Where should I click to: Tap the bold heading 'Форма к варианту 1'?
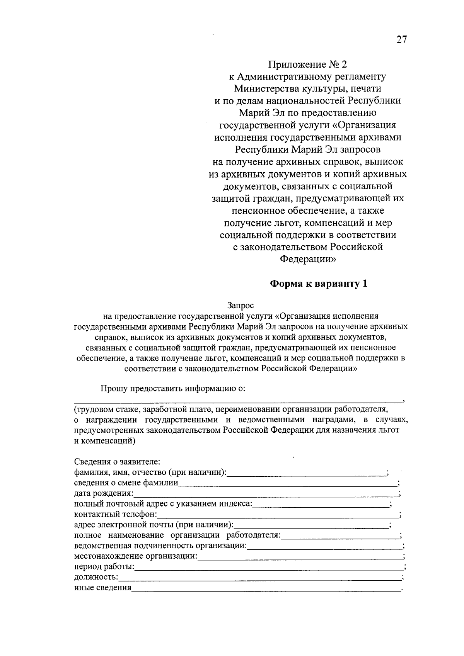pos(318,284)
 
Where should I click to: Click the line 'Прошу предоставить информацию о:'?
pos(173,389)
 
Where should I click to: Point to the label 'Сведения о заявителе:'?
pos(117,462)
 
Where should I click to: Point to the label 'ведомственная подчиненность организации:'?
pos(160,546)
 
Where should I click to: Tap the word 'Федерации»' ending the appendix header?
pos(308,259)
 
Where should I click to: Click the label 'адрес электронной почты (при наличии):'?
pos(154,525)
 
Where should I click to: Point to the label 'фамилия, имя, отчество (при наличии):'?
pos(150,472)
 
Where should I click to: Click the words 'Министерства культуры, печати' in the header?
pos(307,88)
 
